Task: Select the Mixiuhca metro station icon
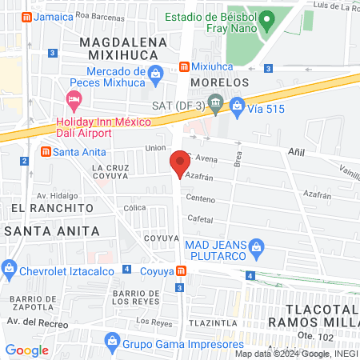[x=184, y=66]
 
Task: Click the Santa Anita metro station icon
[x=46, y=152]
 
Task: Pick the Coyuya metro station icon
[x=182, y=271]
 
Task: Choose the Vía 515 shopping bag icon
[x=237, y=104]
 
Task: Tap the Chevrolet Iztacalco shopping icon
[x=10, y=268]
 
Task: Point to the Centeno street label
[x=200, y=198]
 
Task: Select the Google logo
[x=27, y=350]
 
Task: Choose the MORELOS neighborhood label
[x=220, y=82]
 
